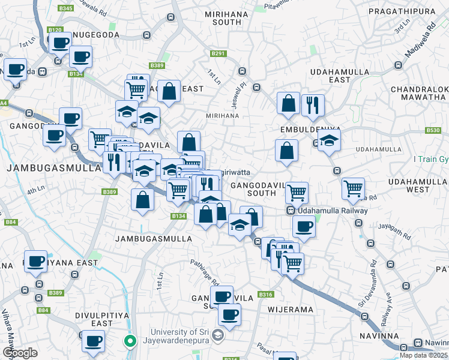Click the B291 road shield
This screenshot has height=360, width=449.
click(218, 54)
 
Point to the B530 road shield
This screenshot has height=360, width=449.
click(433, 130)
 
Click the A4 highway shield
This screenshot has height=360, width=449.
click(4, 103)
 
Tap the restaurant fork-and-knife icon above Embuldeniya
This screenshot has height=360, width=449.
click(312, 104)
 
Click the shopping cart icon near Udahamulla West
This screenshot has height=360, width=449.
click(353, 188)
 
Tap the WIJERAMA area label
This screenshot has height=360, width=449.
click(294, 310)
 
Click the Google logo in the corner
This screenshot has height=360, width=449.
click(19, 353)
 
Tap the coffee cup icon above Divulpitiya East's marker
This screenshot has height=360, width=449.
click(93, 340)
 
